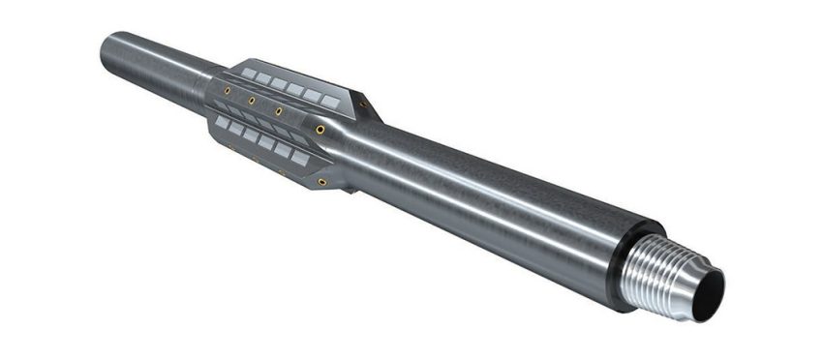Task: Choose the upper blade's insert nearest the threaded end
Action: [x=330, y=101]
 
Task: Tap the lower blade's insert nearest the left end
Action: [x=222, y=123]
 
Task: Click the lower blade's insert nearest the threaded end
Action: [x=301, y=157]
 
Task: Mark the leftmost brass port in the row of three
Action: [x=227, y=91]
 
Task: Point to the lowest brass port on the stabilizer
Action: [x=321, y=181]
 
